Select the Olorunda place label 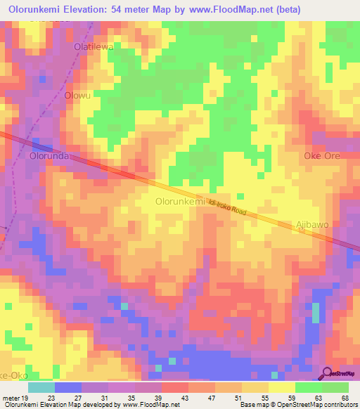pos(49,157)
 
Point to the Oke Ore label pos(321,155)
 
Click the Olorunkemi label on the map pos(179,202)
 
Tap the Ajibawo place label pos(312,225)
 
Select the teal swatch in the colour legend pos(41,387)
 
